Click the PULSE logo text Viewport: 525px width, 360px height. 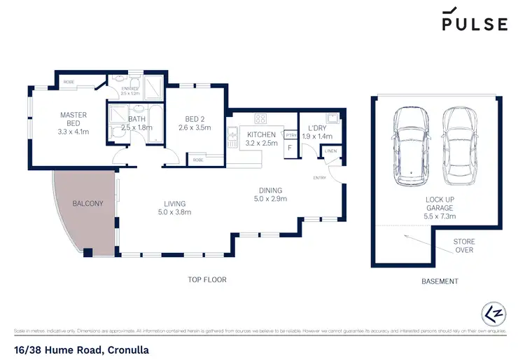pos(474,24)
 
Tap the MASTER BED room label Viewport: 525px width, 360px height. pos(73,119)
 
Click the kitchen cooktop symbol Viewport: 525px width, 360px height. pos(261,118)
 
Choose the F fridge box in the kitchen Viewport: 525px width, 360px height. pos(289,148)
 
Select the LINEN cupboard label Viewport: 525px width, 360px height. pos(330,151)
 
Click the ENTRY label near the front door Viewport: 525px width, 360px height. pos(320,177)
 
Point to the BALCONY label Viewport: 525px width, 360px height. pos(87,204)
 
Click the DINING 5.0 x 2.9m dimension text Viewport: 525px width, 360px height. pos(269,199)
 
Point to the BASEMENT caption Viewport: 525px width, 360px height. pos(440,282)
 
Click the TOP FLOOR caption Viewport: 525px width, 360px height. pos(206,279)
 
